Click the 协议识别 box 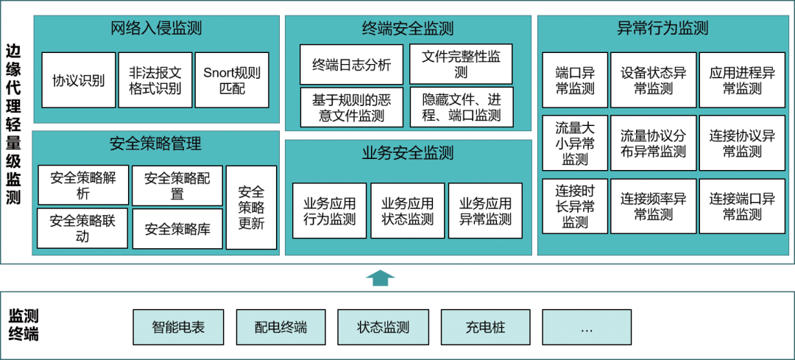point(79,80)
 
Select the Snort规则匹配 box point(232,80)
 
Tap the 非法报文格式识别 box point(155,80)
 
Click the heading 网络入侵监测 point(156,29)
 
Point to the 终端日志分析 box point(351,64)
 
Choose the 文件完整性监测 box point(461,64)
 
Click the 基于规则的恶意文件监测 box point(351,107)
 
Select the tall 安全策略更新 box point(252,208)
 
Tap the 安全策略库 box point(177,229)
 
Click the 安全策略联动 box point(82,229)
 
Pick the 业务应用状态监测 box point(408,211)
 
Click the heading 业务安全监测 point(408,152)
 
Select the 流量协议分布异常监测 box point(653,144)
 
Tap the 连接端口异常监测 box point(742,206)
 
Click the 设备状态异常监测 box point(653,80)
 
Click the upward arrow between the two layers point(380,278)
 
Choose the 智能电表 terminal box point(178,327)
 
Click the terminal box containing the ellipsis point(587,327)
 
